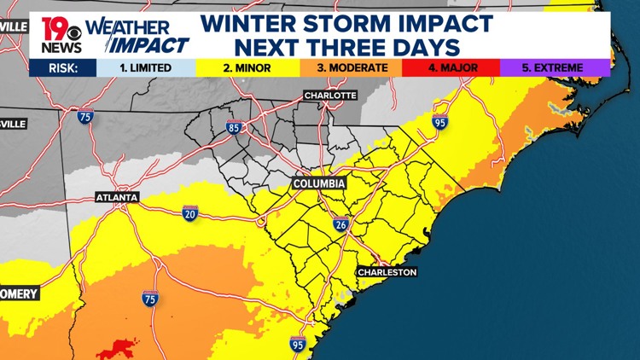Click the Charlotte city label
(x=330, y=96)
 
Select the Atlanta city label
(x=116, y=197)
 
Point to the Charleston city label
(x=387, y=272)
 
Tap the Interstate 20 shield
(x=190, y=213)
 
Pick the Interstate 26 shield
(x=340, y=225)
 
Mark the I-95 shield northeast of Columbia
(x=439, y=124)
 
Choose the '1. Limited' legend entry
(x=146, y=67)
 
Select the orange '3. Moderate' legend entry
(x=352, y=67)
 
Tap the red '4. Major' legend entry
(x=452, y=67)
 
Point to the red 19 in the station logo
(x=55, y=26)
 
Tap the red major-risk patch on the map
(x=117, y=347)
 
